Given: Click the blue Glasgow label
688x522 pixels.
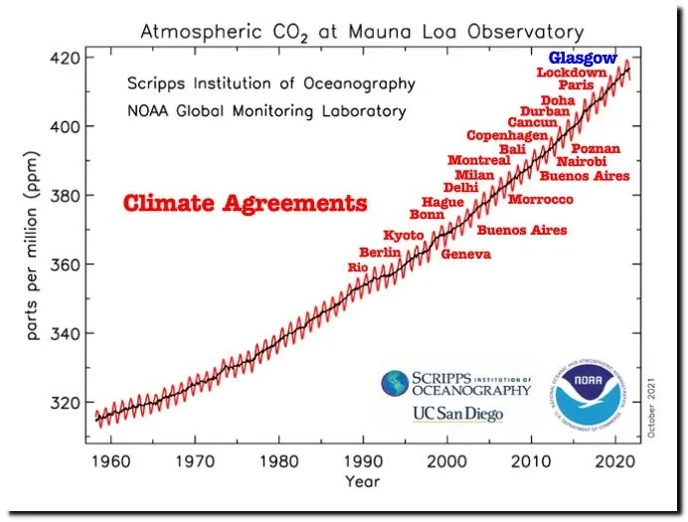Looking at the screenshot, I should (x=583, y=58).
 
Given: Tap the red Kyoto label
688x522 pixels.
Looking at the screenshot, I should (x=404, y=235).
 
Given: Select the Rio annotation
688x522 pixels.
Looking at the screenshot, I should (x=357, y=267).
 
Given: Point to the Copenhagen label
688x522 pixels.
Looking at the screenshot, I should (x=507, y=135).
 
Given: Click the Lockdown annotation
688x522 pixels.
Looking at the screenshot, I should (x=571, y=73).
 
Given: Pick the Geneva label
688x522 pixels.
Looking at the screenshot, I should (x=465, y=255).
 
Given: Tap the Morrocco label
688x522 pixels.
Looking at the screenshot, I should (x=540, y=200).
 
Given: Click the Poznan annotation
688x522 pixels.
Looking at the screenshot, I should (x=596, y=149).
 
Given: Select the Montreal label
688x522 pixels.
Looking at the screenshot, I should (x=478, y=160).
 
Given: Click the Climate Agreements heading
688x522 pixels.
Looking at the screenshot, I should (x=245, y=205).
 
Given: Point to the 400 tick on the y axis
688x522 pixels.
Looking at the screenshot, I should (x=68, y=126).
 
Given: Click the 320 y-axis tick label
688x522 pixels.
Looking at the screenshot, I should (x=68, y=403).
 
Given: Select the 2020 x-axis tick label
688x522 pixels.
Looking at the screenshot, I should (x=616, y=462).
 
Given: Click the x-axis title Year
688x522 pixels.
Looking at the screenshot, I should (x=362, y=482).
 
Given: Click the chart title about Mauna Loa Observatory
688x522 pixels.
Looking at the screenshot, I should (x=362, y=31).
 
